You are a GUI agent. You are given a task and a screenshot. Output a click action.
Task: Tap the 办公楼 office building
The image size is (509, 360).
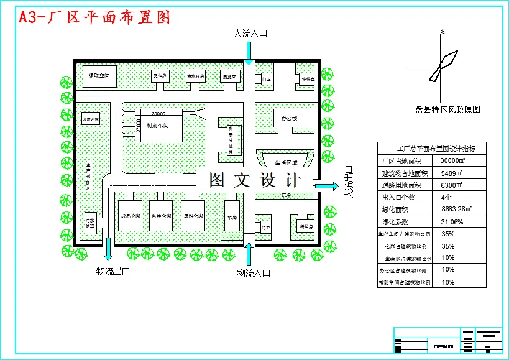pyautogui.click(x=289, y=118)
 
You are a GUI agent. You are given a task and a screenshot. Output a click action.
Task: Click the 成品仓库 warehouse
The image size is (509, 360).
pyautogui.click(x=131, y=216)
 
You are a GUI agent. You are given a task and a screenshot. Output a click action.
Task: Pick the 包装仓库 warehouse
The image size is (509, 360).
pyautogui.click(x=162, y=216)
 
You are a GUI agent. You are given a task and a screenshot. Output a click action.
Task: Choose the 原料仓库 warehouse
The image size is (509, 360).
pyautogui.click(x=193, y=216)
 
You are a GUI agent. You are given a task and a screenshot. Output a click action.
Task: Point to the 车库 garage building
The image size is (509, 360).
pyautogui.click(x=232, y=217)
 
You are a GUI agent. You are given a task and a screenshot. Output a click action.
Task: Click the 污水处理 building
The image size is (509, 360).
pyautogui.click(x=89, y=223)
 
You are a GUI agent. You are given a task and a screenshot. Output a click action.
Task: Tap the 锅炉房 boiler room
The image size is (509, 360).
pyautogui.click(x=304, y=225)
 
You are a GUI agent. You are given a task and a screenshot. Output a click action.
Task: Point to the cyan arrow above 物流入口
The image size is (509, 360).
pyautogui.click(x=249, y=254)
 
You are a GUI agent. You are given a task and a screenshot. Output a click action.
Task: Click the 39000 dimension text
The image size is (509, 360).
pyautogui.click(x=158, y=114)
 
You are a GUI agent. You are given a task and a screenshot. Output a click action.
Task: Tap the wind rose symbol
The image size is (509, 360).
pyautogui.click(x=443, y=60)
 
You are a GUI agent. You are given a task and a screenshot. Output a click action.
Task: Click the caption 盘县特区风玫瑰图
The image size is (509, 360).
pyautogui.click(x=447, y=109)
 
